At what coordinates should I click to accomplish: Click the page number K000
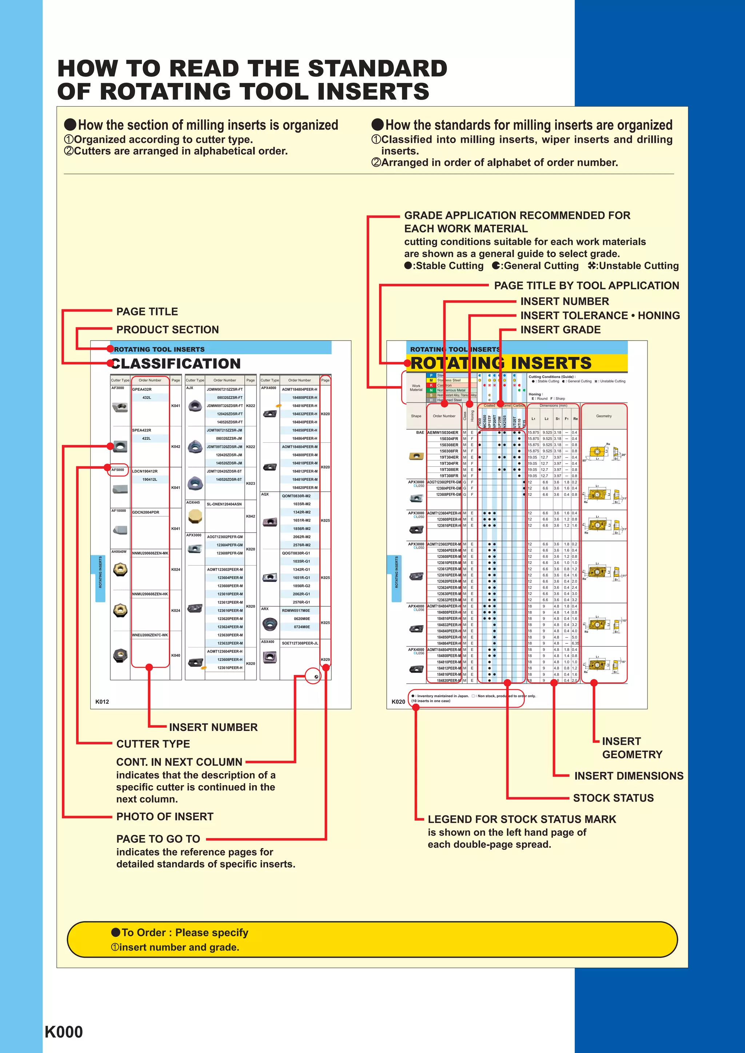pos(64,1032)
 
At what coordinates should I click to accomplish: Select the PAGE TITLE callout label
pos(147,312)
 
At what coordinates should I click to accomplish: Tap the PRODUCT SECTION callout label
pos(168,329)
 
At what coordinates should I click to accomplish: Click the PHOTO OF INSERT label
pos(165,816)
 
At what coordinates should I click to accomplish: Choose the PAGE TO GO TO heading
pos(158,839)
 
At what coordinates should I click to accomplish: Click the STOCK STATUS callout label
pos(613,797)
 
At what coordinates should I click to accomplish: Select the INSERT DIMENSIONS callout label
pos(629,776)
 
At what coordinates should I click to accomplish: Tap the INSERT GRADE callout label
pos(561,329)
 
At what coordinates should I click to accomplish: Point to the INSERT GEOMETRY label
pos(632,748)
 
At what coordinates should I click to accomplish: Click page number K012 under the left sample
pos(102,702)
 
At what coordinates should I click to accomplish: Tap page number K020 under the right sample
pos(398,702)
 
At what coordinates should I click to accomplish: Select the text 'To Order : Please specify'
pos(180,932)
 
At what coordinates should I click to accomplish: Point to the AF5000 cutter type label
pos(117,470)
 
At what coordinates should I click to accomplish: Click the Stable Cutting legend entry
pos(444,266)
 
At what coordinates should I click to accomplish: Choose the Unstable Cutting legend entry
pos(633,266)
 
